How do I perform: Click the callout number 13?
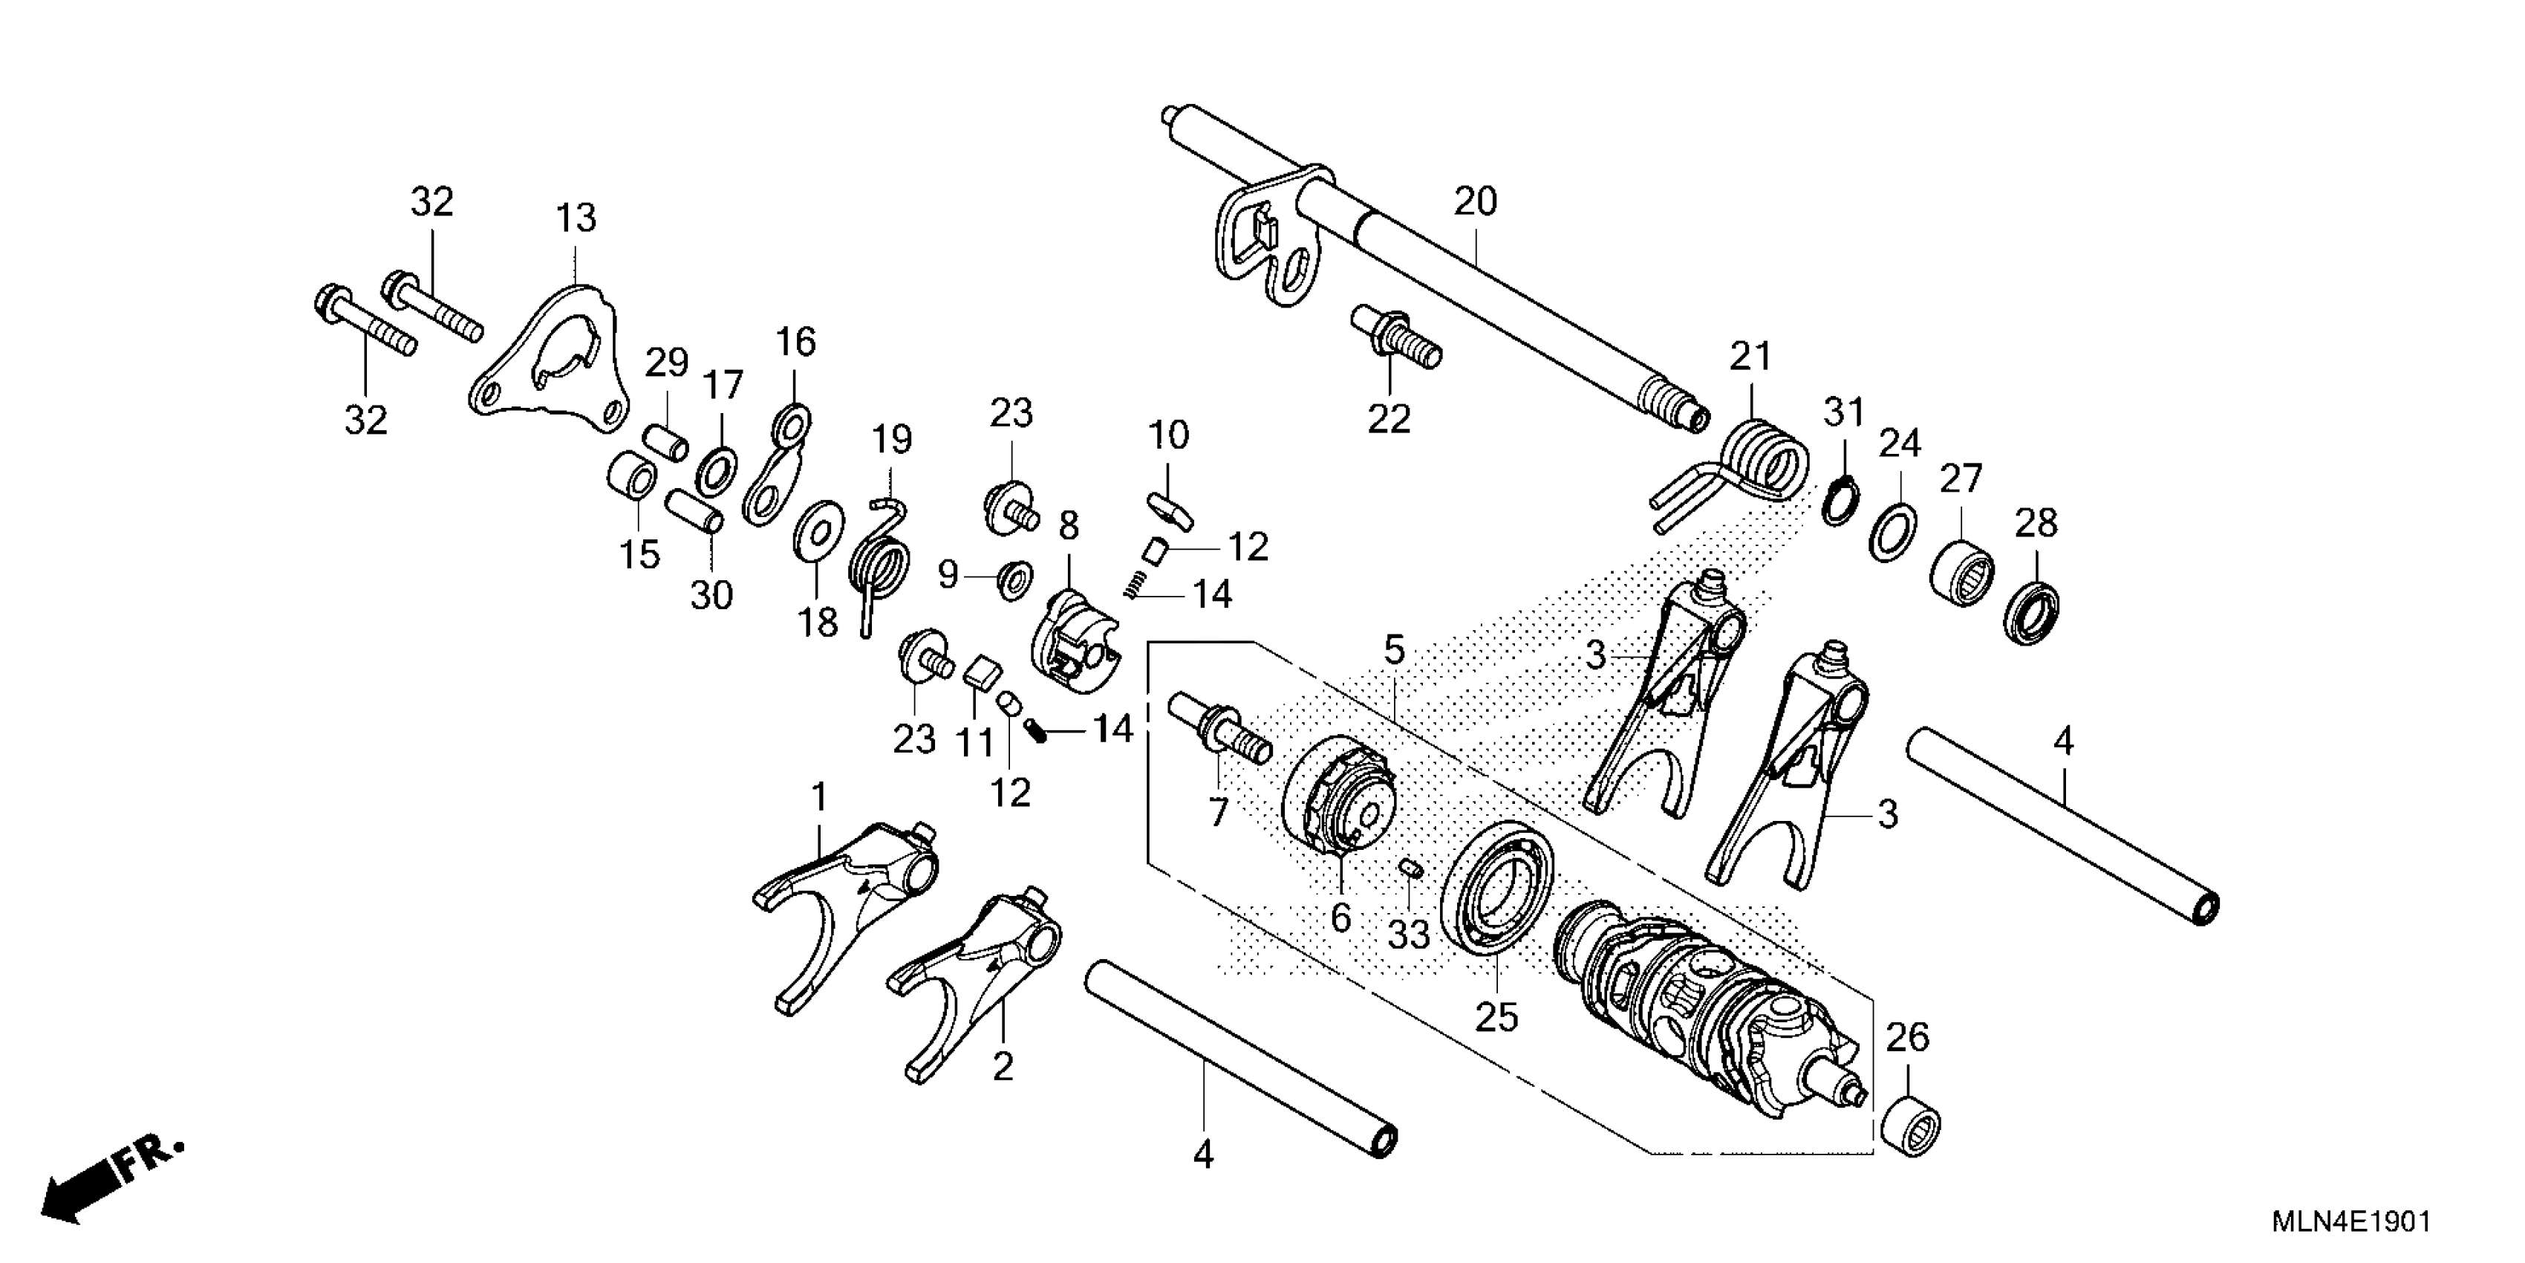[576, 218]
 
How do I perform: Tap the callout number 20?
[1475, 202]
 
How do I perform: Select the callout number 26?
[1906, 1036]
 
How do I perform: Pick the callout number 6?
[1340, 918]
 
